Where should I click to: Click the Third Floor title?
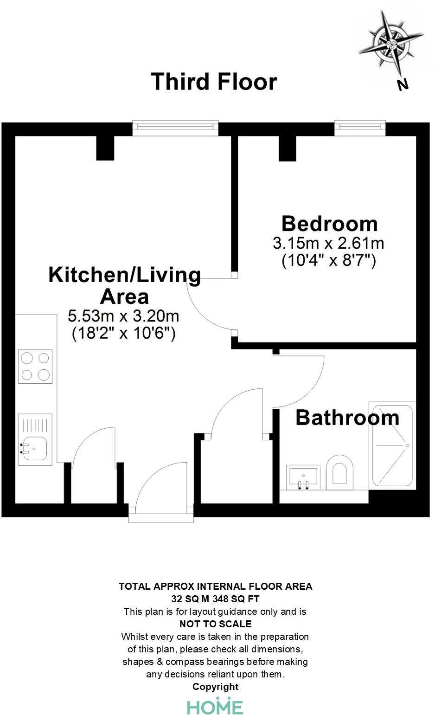(x=214, y=82)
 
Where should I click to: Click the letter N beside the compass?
(x=403, y=84)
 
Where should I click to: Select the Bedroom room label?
(x=330, y=224)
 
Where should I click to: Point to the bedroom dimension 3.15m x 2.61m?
(x=328, y=243)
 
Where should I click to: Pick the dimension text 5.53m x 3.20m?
(x=123, y=316)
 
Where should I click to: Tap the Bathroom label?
(x=347, y=418)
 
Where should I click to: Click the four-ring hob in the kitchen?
(x=35, y=366)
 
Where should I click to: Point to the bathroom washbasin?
(x=303, y=477)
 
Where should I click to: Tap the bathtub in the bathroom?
(x=392, y=445)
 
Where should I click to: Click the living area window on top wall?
(x=175, y=128)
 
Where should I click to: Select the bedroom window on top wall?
(x=360, y=128)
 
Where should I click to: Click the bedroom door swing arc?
(x=206, y=306)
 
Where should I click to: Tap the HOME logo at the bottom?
(x=215, y=707)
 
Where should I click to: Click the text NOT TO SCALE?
(x=216, y=624)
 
